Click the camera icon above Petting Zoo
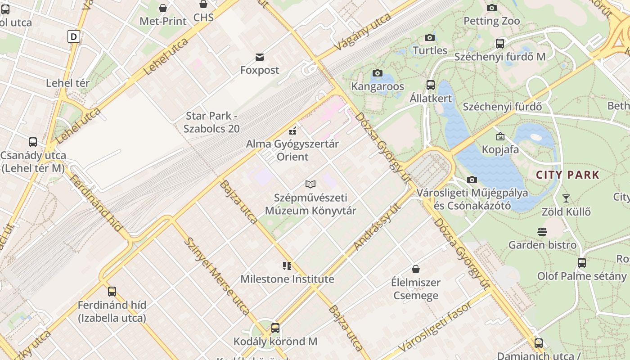point(491,8)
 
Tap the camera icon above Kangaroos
point(378,73)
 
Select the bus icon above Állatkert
point(431,85)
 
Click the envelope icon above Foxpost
point(260,57)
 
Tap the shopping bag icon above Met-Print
point(163,8)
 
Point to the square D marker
point(74,36)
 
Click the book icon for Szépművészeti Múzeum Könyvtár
point(310,184)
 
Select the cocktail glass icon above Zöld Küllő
point(566,198)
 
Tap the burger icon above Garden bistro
point(542,232)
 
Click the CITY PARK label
point(568,175)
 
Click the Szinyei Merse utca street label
point(217,276)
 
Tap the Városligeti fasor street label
point(435,326)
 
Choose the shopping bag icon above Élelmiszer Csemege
point(416,269)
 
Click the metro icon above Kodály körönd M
point(275,328)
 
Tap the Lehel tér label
point(68,83)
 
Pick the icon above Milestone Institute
point(287,266)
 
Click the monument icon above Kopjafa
point(500,136)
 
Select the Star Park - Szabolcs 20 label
point(211,122)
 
